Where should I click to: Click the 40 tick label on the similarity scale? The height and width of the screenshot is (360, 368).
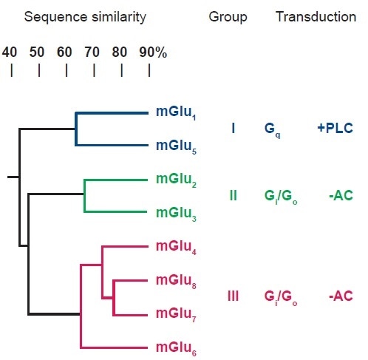[x=10, y=52]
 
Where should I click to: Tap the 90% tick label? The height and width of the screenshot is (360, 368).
[x=153, y=52]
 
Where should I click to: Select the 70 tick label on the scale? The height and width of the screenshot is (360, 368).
[x=92, y=52]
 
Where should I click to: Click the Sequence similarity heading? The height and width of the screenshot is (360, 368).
[x=85, y=16]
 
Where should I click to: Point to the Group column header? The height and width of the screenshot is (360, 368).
[x=228, y=16]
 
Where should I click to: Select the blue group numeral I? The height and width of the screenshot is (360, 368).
[x=233, y=129]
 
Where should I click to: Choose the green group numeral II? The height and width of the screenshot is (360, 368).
[x=233, y=196]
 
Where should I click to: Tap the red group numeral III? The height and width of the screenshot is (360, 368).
[x=233, y=296]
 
